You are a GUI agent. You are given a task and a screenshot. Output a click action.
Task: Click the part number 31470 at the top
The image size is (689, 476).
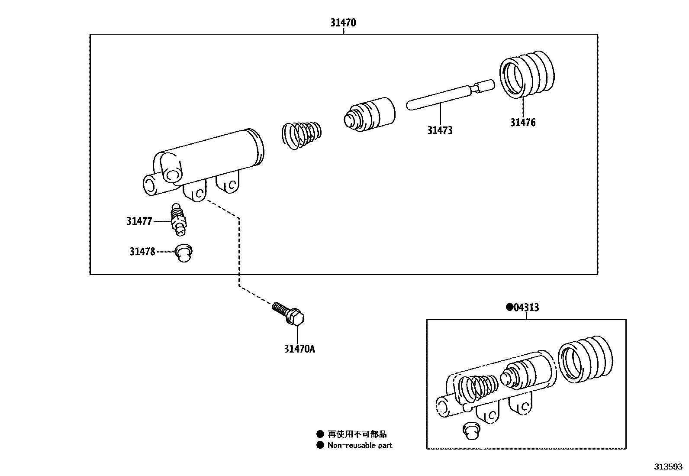(x=343, y=23)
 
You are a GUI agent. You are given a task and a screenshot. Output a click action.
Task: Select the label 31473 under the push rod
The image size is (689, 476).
(x=440, y=130)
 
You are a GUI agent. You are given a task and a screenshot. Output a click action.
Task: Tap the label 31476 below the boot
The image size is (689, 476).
(x=522, y=123)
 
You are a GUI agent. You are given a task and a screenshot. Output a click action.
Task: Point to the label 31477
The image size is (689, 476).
(x=139, y=221)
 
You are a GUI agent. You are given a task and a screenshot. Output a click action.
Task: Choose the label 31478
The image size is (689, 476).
(x=142, y=251)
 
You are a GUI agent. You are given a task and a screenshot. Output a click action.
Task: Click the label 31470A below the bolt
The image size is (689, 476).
(x=299, y=348)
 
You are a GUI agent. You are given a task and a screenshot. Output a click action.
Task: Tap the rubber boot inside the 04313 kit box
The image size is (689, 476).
(x=585, y=359)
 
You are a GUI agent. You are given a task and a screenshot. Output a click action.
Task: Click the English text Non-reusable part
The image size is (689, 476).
(x=360, y=445)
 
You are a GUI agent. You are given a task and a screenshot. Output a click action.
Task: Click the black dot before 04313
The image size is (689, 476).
(x=509, y=307)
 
